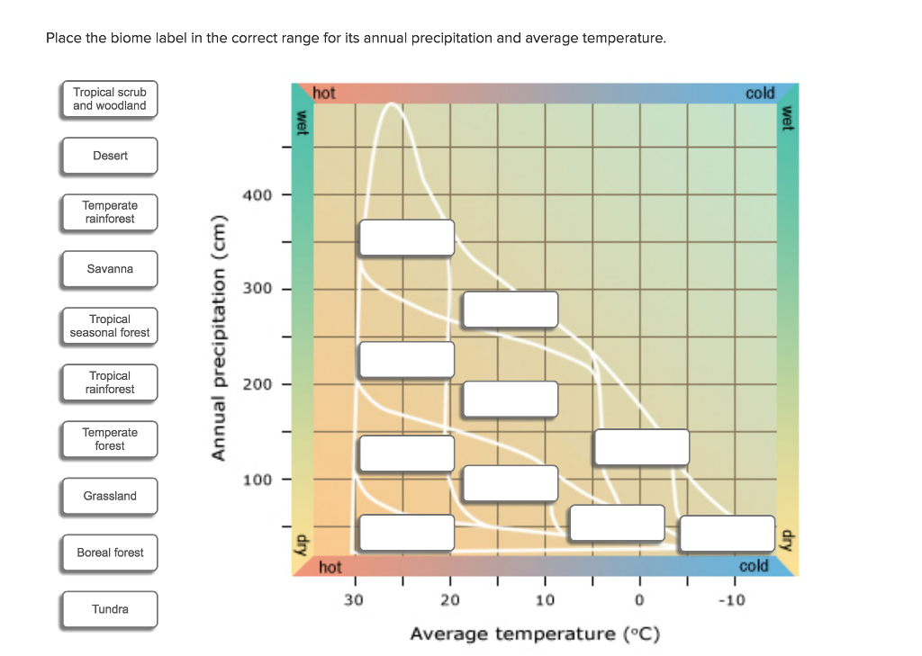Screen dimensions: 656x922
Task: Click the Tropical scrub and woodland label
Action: click(110, 99)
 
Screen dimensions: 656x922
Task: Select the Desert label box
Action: click(110, 156)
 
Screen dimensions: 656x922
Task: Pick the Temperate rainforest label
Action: click(110, 212)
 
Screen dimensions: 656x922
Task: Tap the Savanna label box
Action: click(110, 269)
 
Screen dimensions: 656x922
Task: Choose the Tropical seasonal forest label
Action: click(110, 326)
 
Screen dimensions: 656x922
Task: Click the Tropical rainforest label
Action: click(110, 382)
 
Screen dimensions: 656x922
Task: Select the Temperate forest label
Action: click(110, 439)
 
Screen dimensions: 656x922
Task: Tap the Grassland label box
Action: click(110, 496)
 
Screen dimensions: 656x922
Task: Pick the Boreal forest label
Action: click(110, 553)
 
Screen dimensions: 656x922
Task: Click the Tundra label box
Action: click(110, 609)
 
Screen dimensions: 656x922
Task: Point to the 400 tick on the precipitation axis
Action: click(257, 194)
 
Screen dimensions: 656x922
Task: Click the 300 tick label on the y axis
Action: click(257, 290)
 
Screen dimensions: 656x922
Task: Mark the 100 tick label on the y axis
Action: click(257, 480)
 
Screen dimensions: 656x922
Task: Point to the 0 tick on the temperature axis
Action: click(639, 600)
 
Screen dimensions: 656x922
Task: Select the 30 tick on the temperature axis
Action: click(354, 600)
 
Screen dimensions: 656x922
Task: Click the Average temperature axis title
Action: click(535, 634)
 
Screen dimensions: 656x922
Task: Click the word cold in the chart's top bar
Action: click(759, 94)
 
